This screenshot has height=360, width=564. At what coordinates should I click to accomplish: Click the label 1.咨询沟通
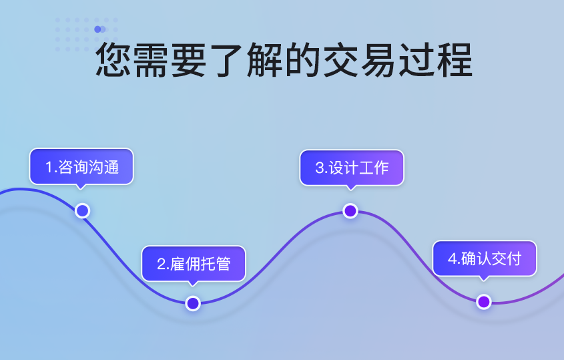click(82, 168)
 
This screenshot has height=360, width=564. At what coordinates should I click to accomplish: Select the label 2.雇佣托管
click(194, 264)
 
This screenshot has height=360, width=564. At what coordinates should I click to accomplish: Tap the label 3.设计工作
click(352, 168)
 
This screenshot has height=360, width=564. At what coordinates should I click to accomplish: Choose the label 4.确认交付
click(485, 259)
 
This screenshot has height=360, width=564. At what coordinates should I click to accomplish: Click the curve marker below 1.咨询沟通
click(82, 210)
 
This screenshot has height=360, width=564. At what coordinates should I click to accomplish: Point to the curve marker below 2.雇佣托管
click(193, 303)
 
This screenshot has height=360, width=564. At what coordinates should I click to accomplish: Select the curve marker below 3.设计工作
click(350, 211)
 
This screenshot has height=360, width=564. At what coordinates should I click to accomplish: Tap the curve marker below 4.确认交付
click(484, 302)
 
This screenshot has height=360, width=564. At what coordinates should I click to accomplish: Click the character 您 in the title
click(113, 59)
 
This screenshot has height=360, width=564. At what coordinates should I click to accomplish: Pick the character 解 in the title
click(265, 59)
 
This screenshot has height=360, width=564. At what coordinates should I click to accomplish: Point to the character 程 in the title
click(455, 59)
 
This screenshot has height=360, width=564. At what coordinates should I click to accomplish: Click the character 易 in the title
click(378, 59)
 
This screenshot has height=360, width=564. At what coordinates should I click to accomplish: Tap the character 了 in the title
click(228, 59)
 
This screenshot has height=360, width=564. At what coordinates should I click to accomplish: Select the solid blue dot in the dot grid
click(97, 29)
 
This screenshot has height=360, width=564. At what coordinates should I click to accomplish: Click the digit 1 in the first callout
click(49, 168)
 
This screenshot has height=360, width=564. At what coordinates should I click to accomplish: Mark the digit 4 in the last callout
click(452, 259)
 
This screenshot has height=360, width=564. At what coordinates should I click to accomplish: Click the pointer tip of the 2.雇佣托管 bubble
click(193, 287)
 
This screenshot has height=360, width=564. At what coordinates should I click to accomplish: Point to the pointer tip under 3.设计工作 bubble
click(350, 190)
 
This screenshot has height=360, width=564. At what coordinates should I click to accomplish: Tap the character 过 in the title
click(416, 59)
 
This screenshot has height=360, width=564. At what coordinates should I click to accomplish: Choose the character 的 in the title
click(303, 59)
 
